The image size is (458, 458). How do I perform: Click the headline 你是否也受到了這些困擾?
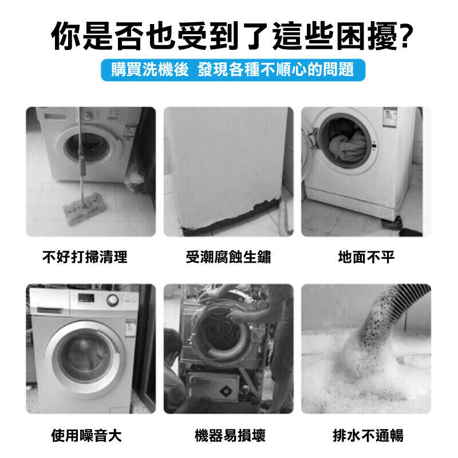click(x=232, y=36)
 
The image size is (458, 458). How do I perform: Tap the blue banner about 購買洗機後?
click(x=233, y=70)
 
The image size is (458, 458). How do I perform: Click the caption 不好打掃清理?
click(x=85, y=257)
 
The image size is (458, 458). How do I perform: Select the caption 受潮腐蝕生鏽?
click(x=228, y=257)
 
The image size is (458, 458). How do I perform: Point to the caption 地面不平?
click(x=366, y=257)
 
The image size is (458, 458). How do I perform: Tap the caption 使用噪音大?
click(x=86, y=436)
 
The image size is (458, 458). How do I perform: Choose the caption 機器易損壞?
click(x=230, y=436)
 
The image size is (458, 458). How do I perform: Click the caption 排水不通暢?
click(x=368, y=436)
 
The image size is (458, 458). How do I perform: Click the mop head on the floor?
click(x=84, y=208)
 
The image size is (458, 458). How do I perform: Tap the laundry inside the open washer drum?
click(x=348, y=145)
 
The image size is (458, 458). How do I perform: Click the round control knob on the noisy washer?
click(x=113, y=300)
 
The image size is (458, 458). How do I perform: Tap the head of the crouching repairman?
click(x=172, y=343)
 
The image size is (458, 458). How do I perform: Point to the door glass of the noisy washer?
click(x=85, y=358)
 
